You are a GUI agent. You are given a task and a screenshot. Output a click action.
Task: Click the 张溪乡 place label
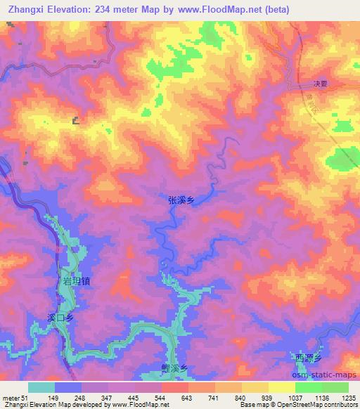click(x=181, y=200)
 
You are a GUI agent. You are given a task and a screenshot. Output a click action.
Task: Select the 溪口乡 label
click(x=60, y=318)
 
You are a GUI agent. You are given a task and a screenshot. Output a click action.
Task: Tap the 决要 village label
click(x=301, y=81)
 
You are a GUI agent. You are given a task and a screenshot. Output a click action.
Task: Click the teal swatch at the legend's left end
click(x=41, y=388)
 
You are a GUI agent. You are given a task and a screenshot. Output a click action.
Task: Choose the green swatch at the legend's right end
click(x=335, y=388)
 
